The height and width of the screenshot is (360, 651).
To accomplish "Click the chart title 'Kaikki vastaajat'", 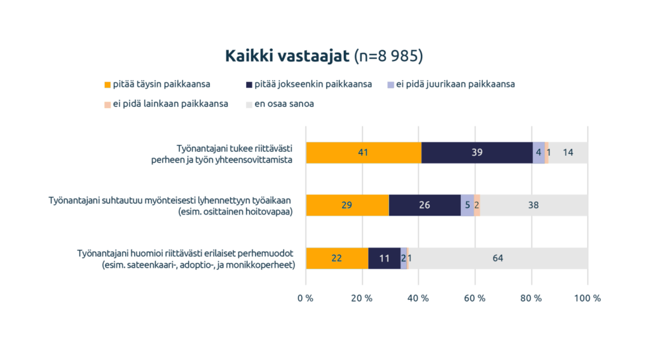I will (287, 56).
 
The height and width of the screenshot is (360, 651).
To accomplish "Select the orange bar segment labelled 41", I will (363, 153).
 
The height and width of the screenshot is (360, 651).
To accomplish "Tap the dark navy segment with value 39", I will (477, 153).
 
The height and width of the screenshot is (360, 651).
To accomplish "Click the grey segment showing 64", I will (497, 258).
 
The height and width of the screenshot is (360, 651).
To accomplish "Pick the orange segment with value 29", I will (347, 205).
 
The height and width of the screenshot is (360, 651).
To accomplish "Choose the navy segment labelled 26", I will (425, 205).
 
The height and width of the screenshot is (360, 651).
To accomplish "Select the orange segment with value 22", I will (337, 258).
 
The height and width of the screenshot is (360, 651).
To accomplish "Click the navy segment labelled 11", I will (385, 258).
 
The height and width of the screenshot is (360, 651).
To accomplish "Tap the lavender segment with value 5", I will (467, 205).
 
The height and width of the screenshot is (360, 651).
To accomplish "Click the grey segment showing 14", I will (568, 153).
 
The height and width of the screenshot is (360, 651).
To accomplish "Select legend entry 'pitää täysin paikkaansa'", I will (161, 84).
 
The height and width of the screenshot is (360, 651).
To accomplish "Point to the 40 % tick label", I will (418, 298).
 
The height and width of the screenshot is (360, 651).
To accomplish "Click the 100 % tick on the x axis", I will (587, 298).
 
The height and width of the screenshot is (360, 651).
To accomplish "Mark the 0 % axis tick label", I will (306, 298).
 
